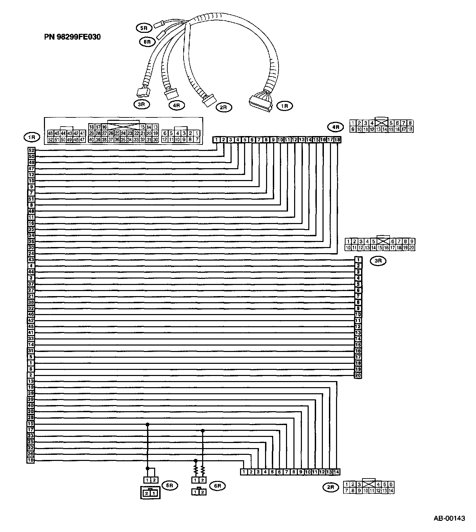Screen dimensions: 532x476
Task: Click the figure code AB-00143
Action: [x=449, y=518]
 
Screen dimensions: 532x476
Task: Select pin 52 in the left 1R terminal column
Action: [x=31, y=150]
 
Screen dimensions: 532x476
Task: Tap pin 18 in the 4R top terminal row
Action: [x=337, y=139]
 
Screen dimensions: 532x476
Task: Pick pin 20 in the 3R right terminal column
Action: [x=358, y=375]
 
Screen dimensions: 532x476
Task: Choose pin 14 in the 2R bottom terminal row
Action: [x=336, y=472]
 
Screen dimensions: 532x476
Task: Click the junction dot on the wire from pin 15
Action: [x=147, y=424]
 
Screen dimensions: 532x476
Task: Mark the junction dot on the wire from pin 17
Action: [x=203, y=430]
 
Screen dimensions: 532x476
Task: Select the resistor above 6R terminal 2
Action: [x=203, y=470]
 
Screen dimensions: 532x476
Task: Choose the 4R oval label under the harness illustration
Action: [x=176, y=105]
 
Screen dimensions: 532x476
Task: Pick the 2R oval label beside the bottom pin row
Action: [x=330, y=487]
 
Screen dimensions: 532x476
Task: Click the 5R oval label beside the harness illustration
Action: [x=142, y=28]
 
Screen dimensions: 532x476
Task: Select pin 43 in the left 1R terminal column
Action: [x=31, y=260]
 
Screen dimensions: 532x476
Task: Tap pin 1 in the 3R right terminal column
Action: [x=358, y=260]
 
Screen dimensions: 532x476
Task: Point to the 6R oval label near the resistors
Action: [x=217, y=486]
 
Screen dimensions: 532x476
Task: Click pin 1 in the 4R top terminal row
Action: [x=216, y=139]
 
